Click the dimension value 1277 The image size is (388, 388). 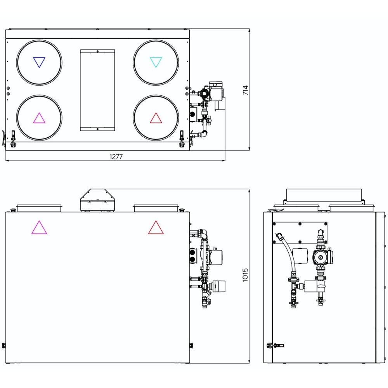pos(116,157)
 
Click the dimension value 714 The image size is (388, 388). pos(245,90)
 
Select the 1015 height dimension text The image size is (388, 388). pos(245,275)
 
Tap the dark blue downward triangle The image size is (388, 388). pos(39,62)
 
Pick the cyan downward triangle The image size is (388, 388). pos(156,62)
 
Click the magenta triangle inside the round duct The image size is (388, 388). pos(39,118)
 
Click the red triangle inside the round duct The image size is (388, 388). pos(156,118)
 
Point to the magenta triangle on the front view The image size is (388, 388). pos(39,227)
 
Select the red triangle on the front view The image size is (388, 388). pos(156,227)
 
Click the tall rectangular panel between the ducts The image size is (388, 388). pos(97,90)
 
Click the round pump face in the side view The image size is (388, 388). pos(320,257)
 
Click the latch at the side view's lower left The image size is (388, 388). pos(275,345)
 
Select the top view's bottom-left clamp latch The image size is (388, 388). pos(13,139)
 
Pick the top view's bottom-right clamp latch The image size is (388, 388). pos(182,139)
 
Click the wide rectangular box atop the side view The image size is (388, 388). pos(324,195)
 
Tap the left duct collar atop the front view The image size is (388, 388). pos(39,208)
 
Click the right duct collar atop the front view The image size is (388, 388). pos(156,208)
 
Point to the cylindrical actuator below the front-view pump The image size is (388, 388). pos(218,286)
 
